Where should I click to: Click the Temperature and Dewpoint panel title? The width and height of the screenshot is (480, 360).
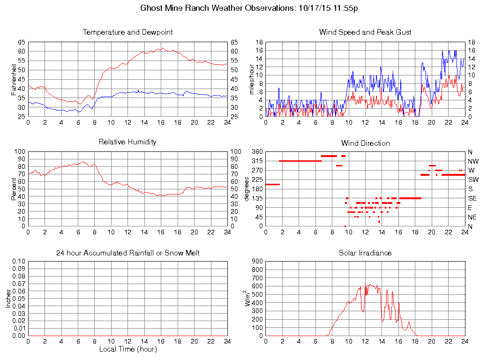tap(127, 32)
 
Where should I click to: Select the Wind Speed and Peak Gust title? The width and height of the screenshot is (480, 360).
tap(365, 32)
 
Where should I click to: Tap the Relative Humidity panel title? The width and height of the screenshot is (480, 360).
tap(127, 142)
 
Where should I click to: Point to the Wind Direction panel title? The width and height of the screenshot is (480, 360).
tap(365, 143)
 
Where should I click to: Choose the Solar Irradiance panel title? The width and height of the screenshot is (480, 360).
tap(365, 253)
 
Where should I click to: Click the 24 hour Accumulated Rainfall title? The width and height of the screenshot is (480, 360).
tap(127, 253)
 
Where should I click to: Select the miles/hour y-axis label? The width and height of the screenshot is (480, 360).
tap(252, 79)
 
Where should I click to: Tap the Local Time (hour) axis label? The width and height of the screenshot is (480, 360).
tap(127, 349)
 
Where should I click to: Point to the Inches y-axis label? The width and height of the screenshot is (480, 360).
tap(8, 299)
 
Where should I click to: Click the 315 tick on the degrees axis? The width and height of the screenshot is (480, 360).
tap(257, 161)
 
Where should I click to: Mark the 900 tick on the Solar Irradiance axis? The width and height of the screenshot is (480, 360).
tap(256, 262)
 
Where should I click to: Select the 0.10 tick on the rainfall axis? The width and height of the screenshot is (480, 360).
tap(19, 262)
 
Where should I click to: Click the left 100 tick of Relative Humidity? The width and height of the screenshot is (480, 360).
tap(20, 152)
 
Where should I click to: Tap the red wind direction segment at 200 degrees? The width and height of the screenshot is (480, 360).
tap(272, 184)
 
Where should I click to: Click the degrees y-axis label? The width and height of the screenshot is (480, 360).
tap(247, 188)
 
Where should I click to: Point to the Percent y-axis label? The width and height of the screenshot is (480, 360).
tap(15, 188)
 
